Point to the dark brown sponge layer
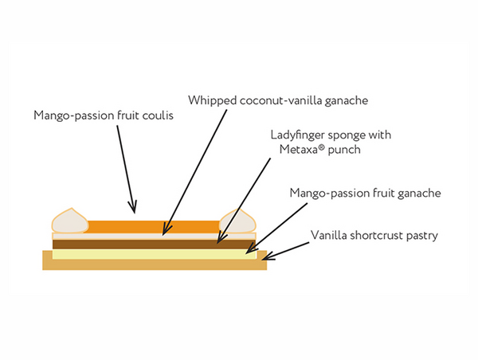pos(151,244)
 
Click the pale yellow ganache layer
pos(151,253)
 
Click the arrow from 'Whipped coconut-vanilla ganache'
pos(191,171)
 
